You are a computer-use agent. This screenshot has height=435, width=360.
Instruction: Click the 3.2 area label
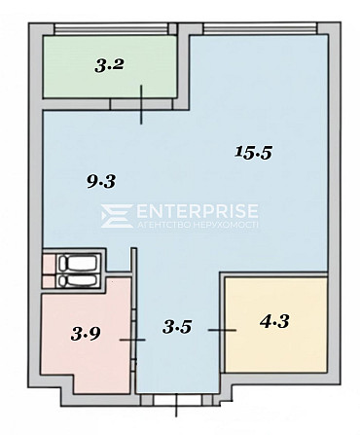tap(110, 65)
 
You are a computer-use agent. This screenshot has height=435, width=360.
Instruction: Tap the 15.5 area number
tap(253, 152)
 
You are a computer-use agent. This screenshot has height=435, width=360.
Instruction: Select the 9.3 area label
tap(101, 181)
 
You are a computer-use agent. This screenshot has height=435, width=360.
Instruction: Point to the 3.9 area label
tap(86, 334)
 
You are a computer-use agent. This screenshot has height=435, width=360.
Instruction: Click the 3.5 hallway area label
tap(177, 327)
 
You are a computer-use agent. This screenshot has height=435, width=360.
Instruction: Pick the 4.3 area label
tap(274, 322)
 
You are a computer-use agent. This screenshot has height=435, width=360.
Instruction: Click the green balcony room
tap(110, 66)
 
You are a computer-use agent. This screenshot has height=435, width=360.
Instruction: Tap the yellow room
tap(275, 324)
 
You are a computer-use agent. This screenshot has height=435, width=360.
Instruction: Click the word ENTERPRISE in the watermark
tap(198, 211)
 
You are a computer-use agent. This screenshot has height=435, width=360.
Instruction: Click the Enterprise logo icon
tap(117, 216)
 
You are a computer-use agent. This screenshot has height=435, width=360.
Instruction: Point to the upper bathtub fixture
tap(79, 263)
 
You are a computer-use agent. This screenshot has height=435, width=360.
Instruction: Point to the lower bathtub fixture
tap(79, 281)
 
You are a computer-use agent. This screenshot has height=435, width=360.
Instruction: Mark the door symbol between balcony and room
tap(141, 104)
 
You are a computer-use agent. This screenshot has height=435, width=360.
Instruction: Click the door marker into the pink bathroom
tap(132, 340)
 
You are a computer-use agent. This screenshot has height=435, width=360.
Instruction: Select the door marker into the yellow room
tap(222, 330)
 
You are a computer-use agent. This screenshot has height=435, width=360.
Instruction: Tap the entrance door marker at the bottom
tap(176, 405)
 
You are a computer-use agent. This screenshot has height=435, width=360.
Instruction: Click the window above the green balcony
tap(112, 29)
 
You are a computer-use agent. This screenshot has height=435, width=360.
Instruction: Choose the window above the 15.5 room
tap(260, 29)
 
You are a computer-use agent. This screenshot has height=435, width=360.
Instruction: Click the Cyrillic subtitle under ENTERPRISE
tap(198, 225)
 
